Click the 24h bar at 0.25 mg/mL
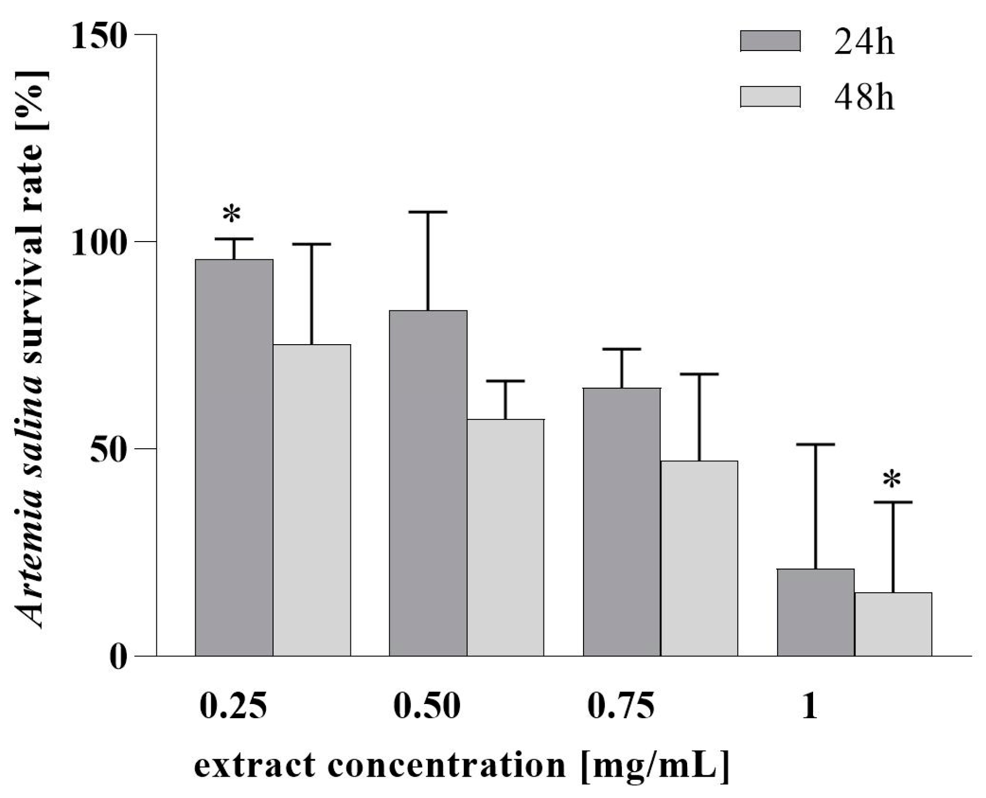[x=234, y=457]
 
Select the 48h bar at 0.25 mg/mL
[x=311, y=500]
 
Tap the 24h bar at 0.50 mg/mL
[x=428, y=483]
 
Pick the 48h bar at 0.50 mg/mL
[x=505, y=537]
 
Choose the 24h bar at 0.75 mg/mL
[x=621, y=522]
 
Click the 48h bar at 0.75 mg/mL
[x=699, y=558]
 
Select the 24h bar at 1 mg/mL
[x=816, y=612]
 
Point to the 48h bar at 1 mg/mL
[x=893, y=624]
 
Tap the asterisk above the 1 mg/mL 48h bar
[x=892, y=479]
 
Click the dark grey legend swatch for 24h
[x=770, y=41]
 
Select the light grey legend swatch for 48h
[x=770, y=97]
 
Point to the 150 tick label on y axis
[x=98, y=36]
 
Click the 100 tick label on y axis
[x=98, y=244]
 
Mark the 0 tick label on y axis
[x=118, y=658]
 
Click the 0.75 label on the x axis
[x=621, y=706]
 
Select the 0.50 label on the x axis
[x=427, y=706]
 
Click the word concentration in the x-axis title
[x=446, y=765]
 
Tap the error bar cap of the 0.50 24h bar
[x=428, y=212]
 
